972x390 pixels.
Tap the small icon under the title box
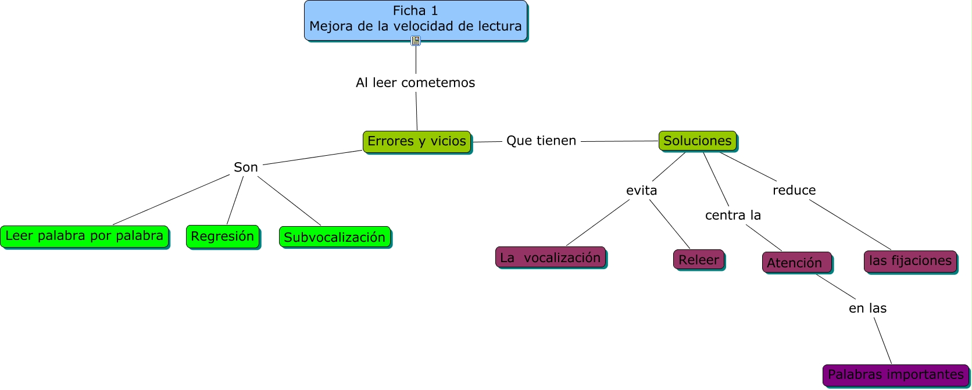pyautogui.click(x=416, y=41)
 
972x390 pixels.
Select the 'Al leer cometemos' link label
pyautogui.click(x=415, y=83)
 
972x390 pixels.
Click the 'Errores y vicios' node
pyautogui.click(x=416, y=141)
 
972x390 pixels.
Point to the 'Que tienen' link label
pyautogui.click(x=541, y=141)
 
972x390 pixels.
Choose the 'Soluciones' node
pyautogui.click(x=697, y=141)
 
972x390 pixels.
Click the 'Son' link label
pyautogui.click(x=245, y=167)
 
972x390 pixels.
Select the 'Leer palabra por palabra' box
pyautogui.click(x=84, y=236)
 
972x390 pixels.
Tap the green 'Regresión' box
pyautogui.click(x=222, y=237)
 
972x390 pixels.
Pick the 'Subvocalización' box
pyautogui.click(x=334, y=237)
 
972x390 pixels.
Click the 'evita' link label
pyautogui.click(x=641, y=190)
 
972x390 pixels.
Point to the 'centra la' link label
pyautogui.click(x=732, y=215)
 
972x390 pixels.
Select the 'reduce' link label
pyautogui.click(x=794, y=190)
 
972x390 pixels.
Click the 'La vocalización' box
pyautogui.click(x=550, y=257)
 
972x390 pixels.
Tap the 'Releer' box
pyautogui.click(x=698, y=260)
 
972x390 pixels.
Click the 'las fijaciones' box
pyautogui.click(x=910, y=261)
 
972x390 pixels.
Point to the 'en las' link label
pyautogui.click(x=867, y=308)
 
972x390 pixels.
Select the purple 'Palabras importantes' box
pyautogui.click(x=895, y=374)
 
